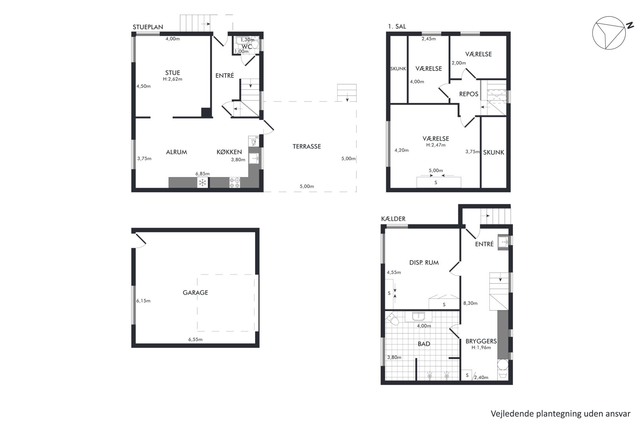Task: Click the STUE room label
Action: tap(172, 73)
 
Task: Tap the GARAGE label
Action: tap(195, 292)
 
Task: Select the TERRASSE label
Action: tap(307, 146)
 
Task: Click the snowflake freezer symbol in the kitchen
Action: tap(203, 183)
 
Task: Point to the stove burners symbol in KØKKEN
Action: tap(235, 183)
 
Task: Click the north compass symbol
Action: tap(609, 33)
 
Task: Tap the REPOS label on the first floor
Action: tap(469, 94)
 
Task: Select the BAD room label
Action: tap(424, 344)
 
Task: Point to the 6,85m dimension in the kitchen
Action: tap(203, 174)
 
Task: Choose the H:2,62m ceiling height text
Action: tap(172, 79)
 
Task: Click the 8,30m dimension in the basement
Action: tap(470, 303)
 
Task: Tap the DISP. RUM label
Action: tap(424, 262)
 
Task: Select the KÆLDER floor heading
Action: tap(393, 219)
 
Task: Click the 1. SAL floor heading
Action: tap(397, 26)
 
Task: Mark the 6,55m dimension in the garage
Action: tap(195, 339)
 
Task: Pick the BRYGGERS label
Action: tap(481, 341)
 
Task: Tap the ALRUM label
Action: tap(176, 152)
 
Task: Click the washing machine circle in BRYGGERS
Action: tap(503, 365)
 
